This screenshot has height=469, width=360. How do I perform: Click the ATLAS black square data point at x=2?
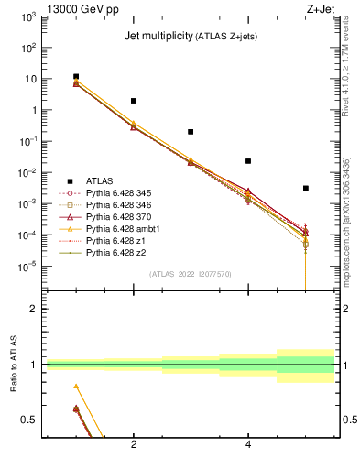(134, 101)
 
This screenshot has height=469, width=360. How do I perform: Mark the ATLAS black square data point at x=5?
(305, 188)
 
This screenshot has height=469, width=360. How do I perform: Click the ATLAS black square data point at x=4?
(248, 161)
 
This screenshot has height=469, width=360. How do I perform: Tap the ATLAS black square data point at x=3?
(191, 132)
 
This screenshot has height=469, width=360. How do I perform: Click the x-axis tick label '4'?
(248, 445)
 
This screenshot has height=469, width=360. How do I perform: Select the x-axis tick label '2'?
(134, 445)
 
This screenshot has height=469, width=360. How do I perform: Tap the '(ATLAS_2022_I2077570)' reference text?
(191, 273)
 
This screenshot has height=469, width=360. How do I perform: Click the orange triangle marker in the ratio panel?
(76, 387)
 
